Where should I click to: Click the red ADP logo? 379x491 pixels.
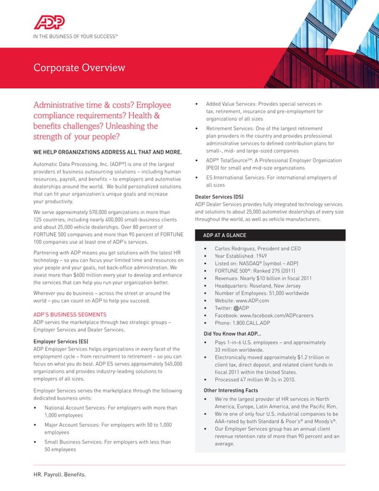coord(49,23)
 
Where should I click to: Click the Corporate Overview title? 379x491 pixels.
coord(79,67)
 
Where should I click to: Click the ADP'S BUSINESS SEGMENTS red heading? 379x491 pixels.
coord(70,314)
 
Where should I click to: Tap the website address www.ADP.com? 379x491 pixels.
coord(254,301)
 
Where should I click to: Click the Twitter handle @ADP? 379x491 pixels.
coord(244,309)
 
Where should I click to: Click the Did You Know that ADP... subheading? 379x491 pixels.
coord(233,333)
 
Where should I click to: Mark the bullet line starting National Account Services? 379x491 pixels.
coord(111,408)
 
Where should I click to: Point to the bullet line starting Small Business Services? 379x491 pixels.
coord(108,442)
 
